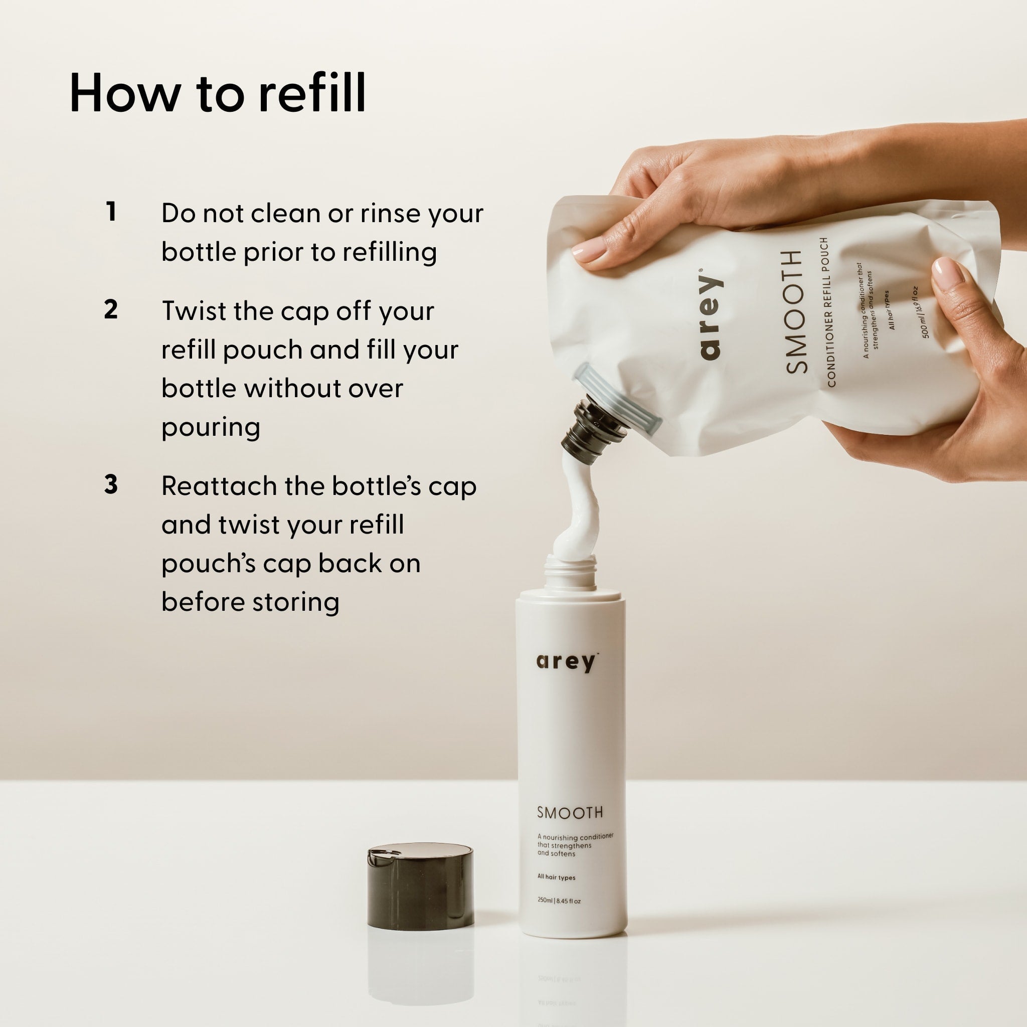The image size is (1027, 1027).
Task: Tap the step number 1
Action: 110,212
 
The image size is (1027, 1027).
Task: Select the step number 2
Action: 110,309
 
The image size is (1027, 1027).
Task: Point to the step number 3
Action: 110,484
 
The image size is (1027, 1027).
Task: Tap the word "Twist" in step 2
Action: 192,311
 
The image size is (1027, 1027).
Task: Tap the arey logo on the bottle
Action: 567,662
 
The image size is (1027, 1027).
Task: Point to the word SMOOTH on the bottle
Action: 570,813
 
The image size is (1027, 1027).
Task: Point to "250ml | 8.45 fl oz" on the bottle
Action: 559,901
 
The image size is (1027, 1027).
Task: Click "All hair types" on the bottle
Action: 557,877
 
